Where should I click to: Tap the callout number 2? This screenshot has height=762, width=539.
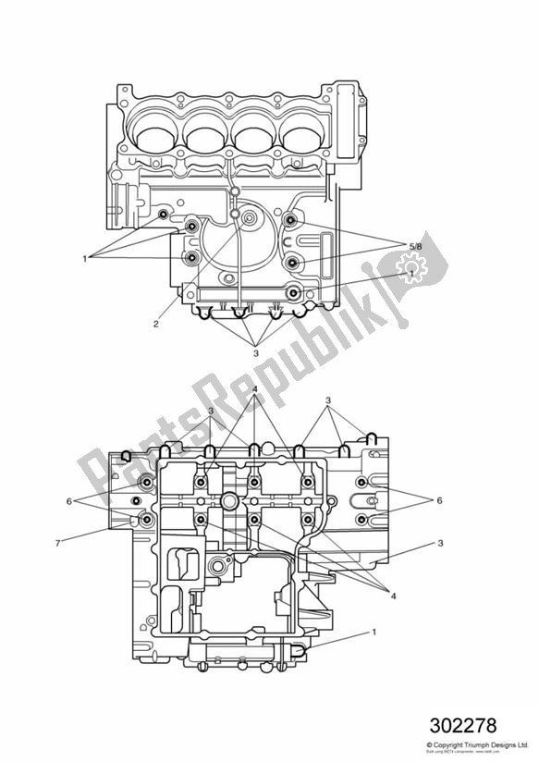coord(155,324)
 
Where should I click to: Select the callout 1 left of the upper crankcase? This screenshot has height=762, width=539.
coord(85,257)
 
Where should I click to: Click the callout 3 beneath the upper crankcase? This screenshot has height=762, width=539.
coord(255,351)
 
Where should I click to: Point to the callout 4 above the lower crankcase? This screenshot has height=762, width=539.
coord(255,389)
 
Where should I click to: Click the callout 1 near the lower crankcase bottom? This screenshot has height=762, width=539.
coord(374,633)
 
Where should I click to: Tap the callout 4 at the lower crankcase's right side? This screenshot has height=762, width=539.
coord(393,596)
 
